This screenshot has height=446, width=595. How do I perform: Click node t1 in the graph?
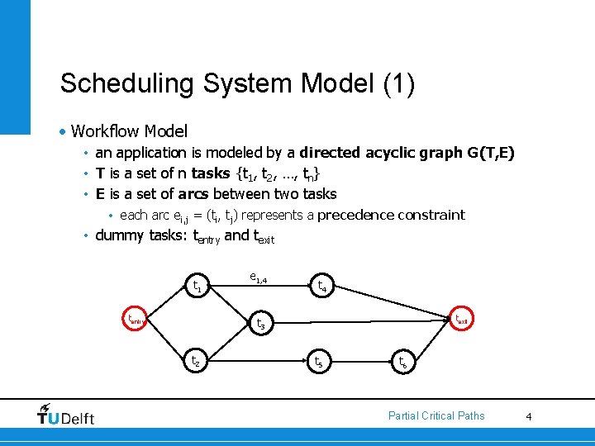pos(197,287)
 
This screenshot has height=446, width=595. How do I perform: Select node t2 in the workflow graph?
pos(196,361)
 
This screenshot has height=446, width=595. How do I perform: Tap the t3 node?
pos(259,324)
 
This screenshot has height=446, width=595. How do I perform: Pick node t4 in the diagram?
pos(321,287)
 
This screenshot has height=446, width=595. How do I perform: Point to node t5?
pos(317,361)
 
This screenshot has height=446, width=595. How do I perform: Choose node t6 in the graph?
pos(402,361)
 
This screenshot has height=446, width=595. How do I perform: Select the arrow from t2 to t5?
pos(256,361)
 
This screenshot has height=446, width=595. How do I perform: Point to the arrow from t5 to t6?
pos(359,361)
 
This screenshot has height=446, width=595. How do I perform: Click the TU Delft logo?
pos(66,415)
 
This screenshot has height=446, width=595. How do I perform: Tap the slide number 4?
pos(529,416)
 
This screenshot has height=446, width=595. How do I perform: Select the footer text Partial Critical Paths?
pos(436,415)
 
